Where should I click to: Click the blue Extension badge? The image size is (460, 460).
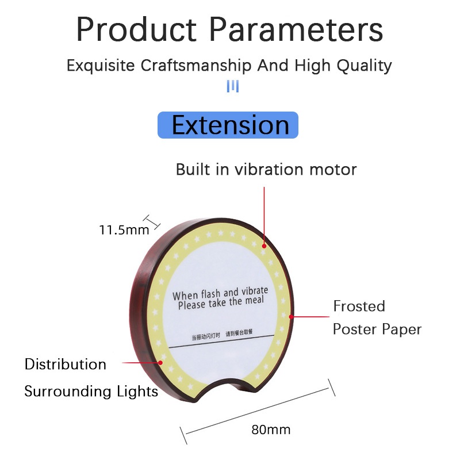point(228,125)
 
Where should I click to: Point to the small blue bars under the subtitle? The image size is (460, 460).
point(232,86)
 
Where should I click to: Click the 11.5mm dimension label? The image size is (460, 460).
point(124,230)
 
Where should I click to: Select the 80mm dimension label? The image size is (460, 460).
point(271,430)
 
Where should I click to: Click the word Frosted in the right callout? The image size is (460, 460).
point(359,306)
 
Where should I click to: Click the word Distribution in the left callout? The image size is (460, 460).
point(65,365)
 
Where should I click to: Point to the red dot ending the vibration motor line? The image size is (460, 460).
point(264,245)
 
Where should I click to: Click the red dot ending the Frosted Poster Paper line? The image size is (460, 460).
point(292,316)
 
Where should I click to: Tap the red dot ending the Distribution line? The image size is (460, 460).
point(160,363)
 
